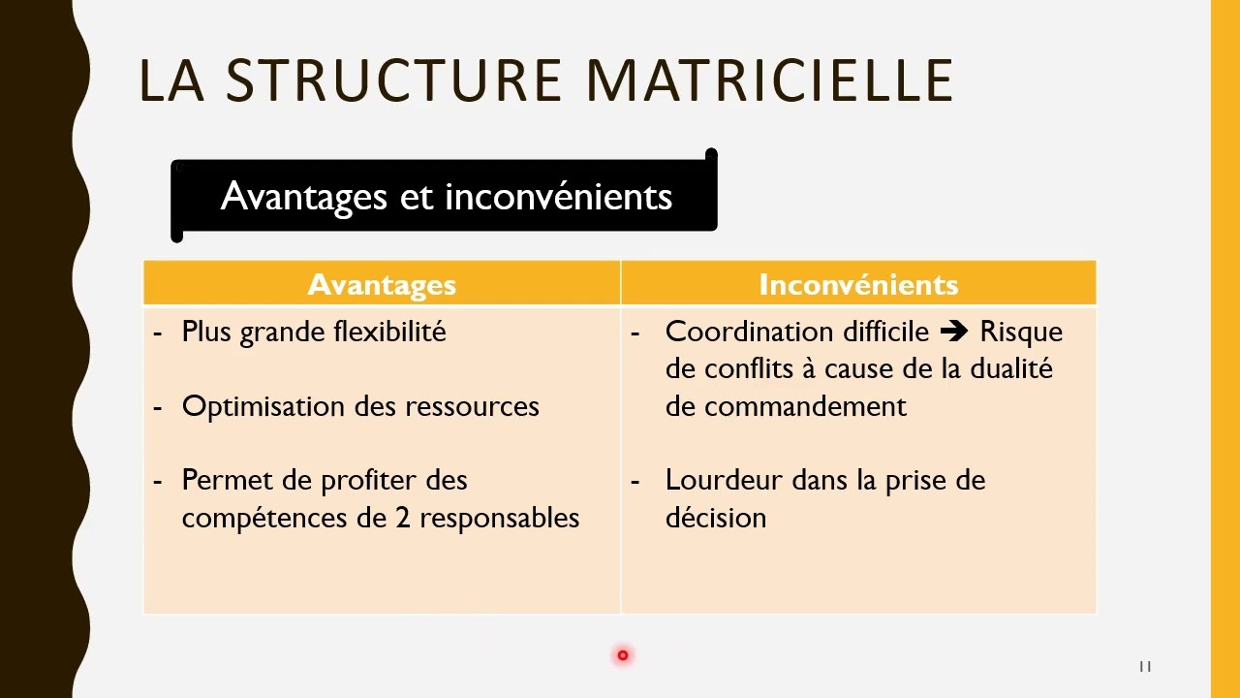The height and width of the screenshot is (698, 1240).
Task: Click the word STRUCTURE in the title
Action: coord(393,80)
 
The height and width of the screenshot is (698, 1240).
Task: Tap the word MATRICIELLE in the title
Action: coord(770,80)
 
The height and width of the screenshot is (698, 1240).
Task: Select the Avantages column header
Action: coord(382,284)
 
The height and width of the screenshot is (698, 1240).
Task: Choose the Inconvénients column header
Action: coord(858,284)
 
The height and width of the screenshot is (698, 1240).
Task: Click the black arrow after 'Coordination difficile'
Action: coord(954,332)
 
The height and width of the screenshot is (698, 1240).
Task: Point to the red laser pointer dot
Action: coord(623,655)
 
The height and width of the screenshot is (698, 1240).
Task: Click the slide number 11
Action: coord(1145,666)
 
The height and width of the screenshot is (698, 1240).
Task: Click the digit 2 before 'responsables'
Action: coord(403,518)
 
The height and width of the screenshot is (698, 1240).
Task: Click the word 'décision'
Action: coord(716,518)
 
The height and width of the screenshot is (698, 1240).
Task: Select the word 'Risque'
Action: coord(1021,332)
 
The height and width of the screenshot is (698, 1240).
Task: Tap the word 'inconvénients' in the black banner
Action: coord(558,197)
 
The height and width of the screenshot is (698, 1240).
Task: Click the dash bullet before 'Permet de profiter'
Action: coord(158,481)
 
